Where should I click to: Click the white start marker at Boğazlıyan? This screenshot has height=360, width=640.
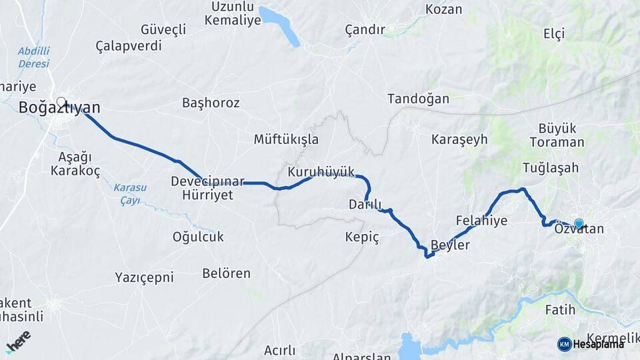coord(61,103)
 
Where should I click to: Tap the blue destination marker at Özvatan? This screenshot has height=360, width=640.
coord(579,224)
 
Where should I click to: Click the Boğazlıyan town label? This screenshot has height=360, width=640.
coord(60,108)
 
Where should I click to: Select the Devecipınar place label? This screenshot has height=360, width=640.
coord(208,181)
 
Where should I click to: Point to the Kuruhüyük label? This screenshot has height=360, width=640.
coord(321,172)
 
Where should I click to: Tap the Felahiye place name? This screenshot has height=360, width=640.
coord(481,221)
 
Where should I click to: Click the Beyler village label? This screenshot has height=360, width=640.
coord(451,245)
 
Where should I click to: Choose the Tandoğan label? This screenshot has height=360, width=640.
coord(418,99)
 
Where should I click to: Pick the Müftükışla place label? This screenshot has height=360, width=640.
coord(286,140)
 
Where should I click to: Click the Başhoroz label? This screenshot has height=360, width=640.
coord(211,103)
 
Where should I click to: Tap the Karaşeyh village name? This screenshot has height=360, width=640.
coord(459,140)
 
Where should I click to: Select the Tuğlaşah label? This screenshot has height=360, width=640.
coord(551,168)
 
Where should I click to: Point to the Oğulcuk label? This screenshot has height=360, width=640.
coord(198,237)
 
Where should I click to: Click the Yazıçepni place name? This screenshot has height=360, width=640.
coord(144,277)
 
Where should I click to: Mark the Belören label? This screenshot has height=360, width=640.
coord(226,273)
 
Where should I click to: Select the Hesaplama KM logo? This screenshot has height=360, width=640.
coord(591,344)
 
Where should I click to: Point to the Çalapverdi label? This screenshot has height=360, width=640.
coord(129,46)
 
